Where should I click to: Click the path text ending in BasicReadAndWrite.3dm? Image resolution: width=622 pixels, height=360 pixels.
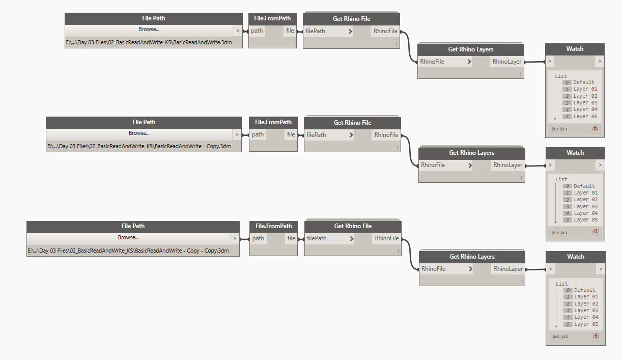(x=149, y=42)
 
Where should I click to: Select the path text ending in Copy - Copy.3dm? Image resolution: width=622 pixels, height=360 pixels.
(x=128, y=251)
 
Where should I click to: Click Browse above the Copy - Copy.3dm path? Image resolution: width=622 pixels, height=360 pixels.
(x=128, y=237)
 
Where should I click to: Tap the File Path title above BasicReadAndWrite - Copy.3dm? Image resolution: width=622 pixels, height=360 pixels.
(x=144, y=122)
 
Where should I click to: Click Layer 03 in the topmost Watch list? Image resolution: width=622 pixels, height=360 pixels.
(x=585, y=103)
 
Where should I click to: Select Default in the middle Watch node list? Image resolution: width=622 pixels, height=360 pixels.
(x=584, y=186)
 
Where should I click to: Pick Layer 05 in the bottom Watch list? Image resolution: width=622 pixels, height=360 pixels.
(x=586, y=324)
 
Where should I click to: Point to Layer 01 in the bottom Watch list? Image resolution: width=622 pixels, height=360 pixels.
(x=586, y=297)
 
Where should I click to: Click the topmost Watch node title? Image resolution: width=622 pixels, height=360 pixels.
(x=575, y=49)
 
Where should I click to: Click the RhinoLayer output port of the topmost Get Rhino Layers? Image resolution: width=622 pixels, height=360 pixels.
(x=507, y=62)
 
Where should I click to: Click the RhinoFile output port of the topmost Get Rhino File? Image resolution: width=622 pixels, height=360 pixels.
(x=385, y=31)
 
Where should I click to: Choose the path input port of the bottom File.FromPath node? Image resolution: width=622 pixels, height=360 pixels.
(x=258, y=238)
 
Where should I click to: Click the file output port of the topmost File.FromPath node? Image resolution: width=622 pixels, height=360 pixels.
(x=290, y=31)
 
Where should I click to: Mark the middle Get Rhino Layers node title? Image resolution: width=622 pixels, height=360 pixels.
(x=472, y=153)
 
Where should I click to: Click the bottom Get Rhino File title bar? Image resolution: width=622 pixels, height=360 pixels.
(x=353, y=227)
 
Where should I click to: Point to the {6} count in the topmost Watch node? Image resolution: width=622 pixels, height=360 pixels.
(x=595, y=128)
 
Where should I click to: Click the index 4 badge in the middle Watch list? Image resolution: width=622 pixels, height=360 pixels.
(x=568, y=213)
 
